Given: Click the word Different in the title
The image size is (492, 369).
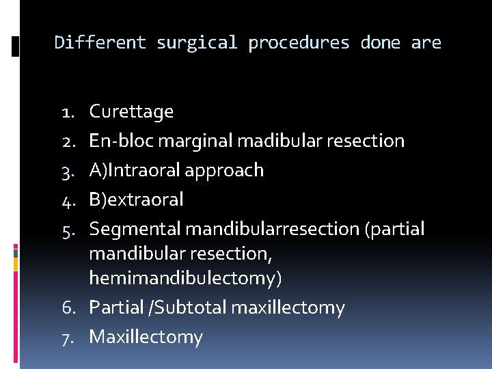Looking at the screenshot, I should pos(100,43).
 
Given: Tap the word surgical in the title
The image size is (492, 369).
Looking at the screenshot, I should pos(197,43).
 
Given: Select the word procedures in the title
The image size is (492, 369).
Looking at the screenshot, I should pos(299,43).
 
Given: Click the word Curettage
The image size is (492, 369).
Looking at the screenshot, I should pos(131,111).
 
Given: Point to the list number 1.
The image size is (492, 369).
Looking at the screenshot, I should pos(68,112).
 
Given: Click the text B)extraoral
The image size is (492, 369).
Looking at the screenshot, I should pos(136,200).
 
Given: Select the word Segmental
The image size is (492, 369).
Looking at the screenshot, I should pos(135,229).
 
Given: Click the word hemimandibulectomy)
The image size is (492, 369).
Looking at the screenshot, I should pos(185,278).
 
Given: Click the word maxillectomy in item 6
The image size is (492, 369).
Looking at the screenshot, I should pos(288,307).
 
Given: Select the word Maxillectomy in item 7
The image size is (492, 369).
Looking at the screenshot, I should pos(146,337).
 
